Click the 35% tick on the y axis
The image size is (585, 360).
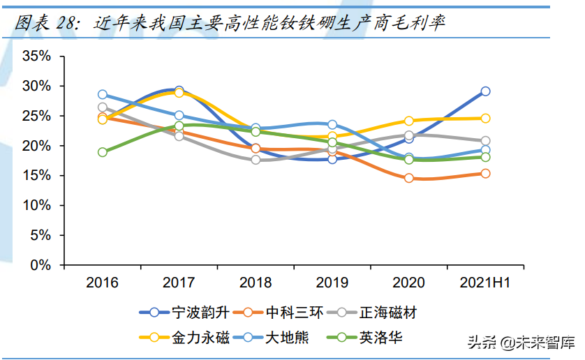tap(36, 56)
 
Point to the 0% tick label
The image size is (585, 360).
tap(40, 265)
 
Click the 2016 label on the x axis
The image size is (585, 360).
tap(102, 283)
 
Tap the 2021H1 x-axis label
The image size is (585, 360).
tap(485, 283)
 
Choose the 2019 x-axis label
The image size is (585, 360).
tap(332, 283)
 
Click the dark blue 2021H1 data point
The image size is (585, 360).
tap(485, 91)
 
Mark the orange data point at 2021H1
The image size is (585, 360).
tap(485, 173)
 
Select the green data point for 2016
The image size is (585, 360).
tap(103, 152)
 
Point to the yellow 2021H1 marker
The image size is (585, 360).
tap(485, 119)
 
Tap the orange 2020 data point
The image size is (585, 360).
tap(408, 178)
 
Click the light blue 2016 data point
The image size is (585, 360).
tap(103, 94)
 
